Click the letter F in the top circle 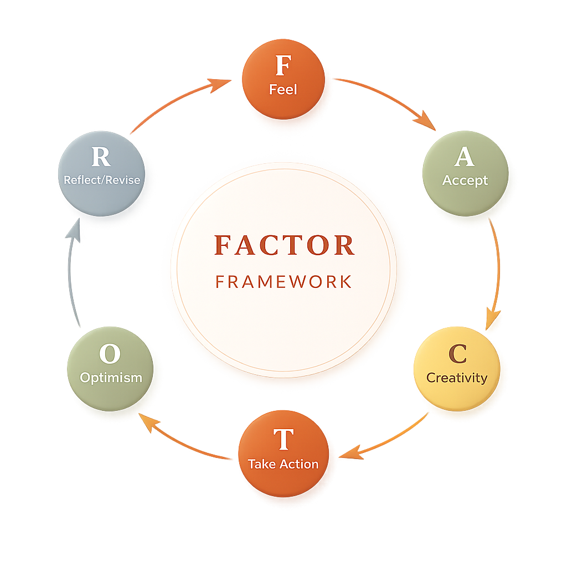click(283, 66)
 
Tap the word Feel click(283, 89)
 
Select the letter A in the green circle click(464, 157)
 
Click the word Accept click(465, 181)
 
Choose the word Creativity click(457, 378)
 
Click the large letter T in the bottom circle click(283, 440)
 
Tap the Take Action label click(283, 464)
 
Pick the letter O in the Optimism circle click(109, 354)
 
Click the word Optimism click(111, 378)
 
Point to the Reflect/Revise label click(102, 181)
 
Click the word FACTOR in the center click(283, 245)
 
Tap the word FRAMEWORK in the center click(283, 282)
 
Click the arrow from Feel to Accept click(388, 100)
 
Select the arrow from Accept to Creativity click(495, 271)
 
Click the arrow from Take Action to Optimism click(183, 437)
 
